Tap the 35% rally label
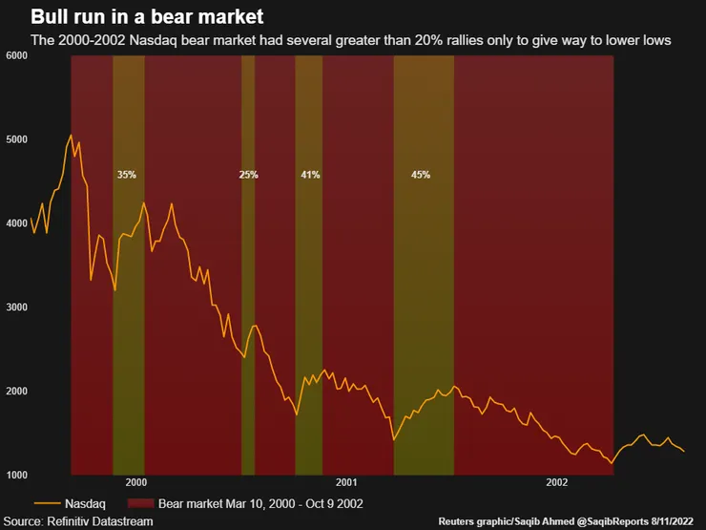(x=127, y=175)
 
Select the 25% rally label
(x=249, y=175)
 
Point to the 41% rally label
(x=310, y=175)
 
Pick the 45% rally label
(x=421, y=175)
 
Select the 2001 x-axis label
(x=345, y=483)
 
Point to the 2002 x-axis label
(x=557, y=483)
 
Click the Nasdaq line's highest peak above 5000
(x=71, y=136)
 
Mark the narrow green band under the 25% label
(x=248, y=286)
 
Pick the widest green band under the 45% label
(x=424, y=286)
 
